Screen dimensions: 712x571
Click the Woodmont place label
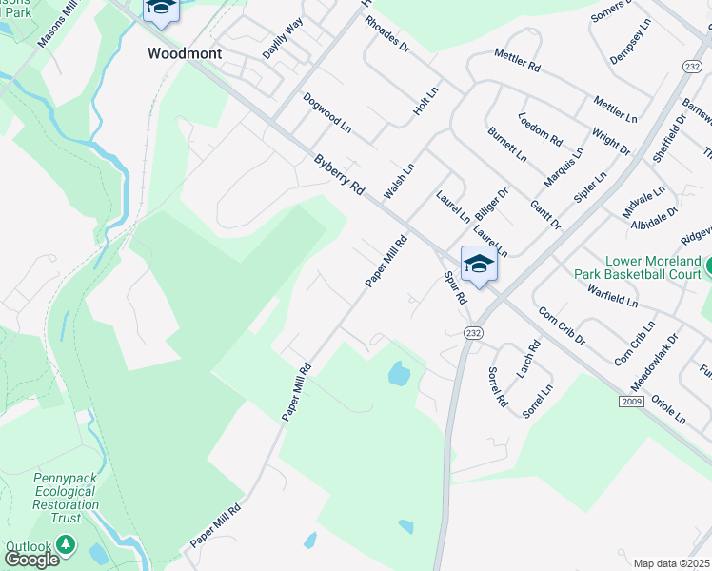tap(185, 53)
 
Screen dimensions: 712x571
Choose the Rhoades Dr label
tap(386, 34)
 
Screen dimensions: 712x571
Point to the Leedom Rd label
tap(540, 129)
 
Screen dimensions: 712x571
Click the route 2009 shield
tap(630, 402)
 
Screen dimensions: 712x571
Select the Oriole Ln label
tap(669, 408)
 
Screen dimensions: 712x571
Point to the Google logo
tap(30, 559)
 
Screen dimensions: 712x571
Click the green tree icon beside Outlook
tap(65, 545)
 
